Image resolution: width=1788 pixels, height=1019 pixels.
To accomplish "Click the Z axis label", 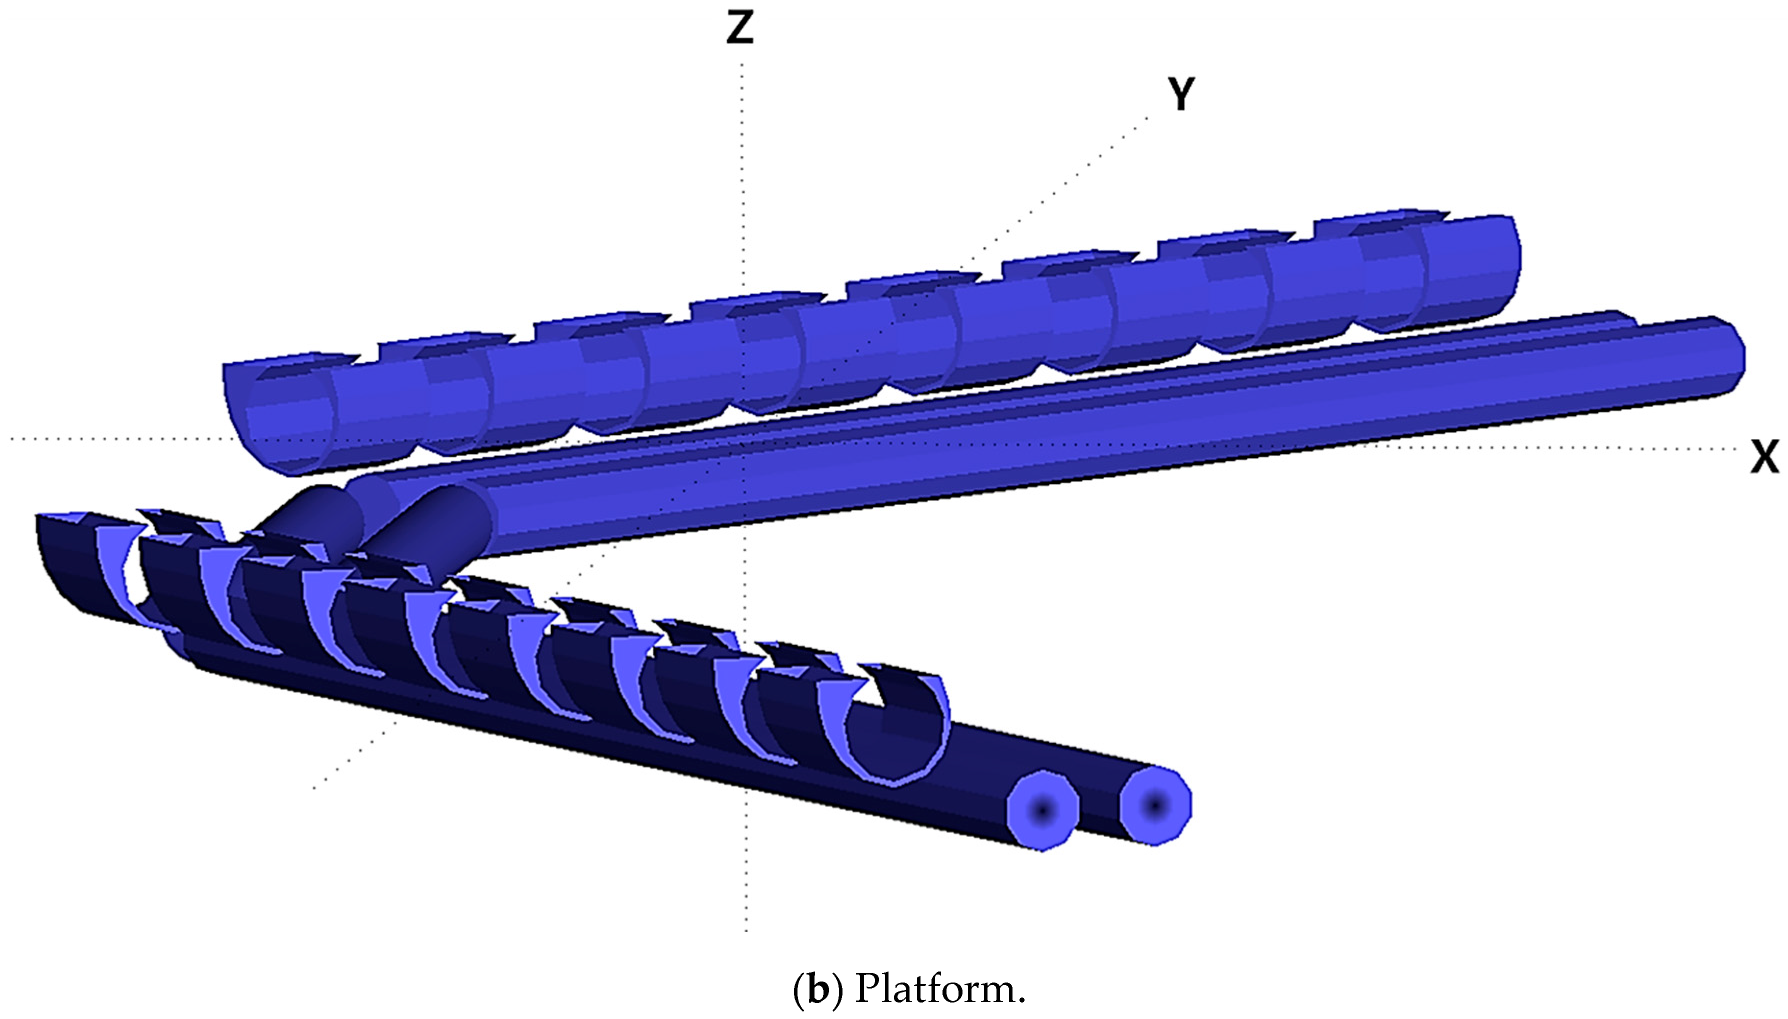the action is point(740,29).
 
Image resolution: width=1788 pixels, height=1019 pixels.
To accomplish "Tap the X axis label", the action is point(1764,457).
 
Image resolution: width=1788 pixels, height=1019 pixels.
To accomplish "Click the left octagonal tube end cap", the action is point(1042,811).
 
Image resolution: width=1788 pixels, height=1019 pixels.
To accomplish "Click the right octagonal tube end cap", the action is point(1155,806).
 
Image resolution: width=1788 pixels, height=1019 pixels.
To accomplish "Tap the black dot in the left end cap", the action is point(1042,811).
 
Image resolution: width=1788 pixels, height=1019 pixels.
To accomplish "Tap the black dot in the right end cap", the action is point(1155,806).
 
